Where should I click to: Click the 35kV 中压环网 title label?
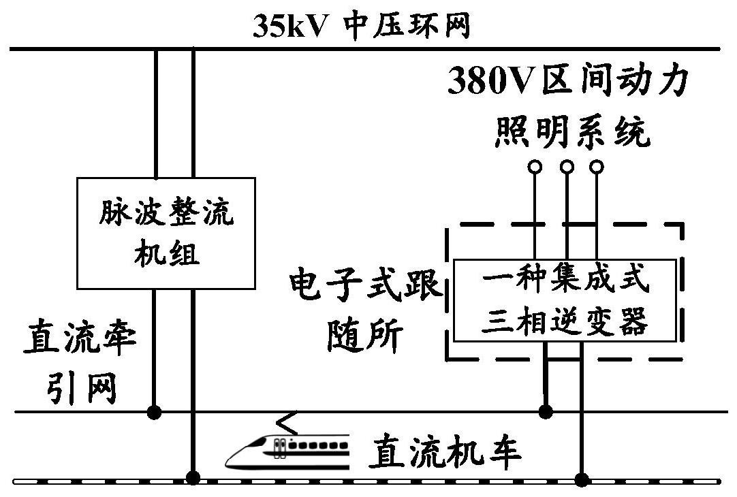362,26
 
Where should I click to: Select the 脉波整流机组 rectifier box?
166,233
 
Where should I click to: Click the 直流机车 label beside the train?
445,452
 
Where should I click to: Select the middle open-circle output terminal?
566,166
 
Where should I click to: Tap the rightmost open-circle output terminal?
596,166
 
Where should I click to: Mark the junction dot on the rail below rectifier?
193,477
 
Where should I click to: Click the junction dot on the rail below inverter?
581,479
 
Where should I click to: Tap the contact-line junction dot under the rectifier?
155,411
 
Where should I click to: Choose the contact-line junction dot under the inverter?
545,411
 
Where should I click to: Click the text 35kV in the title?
291,26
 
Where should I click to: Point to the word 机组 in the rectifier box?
167,255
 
